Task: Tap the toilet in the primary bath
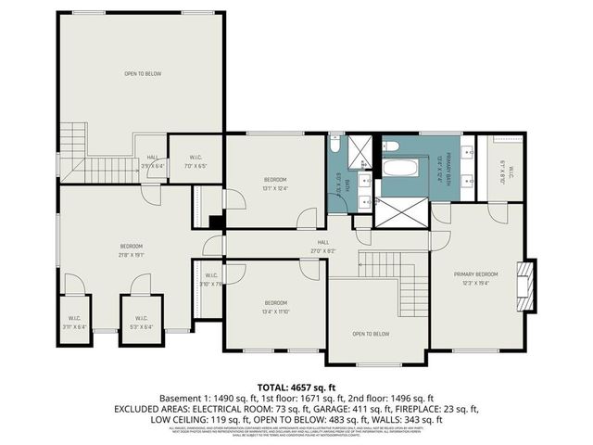pos(391,146)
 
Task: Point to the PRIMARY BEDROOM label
pos(475,274)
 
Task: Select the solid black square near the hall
pos(215,222)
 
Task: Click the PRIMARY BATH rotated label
pos(450,170)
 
